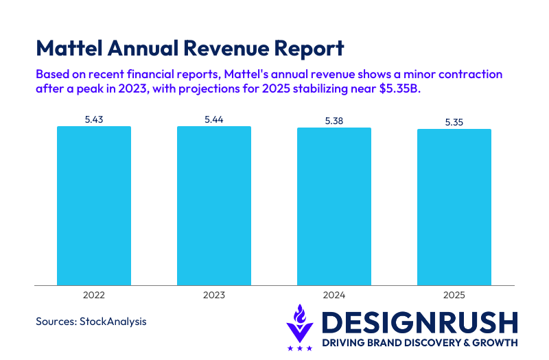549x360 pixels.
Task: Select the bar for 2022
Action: tap(94, 205)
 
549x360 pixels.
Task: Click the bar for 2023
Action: tap(214, 205)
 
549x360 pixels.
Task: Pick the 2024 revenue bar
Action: tap(334, 206)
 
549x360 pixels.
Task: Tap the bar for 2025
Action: tap(454, 206)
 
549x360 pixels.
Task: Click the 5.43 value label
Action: tap(94, 119)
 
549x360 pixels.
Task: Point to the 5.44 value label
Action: tap(214, 119)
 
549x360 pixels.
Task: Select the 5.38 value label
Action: tap(334, 121)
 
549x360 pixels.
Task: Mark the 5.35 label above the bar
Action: tap(454, 122)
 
